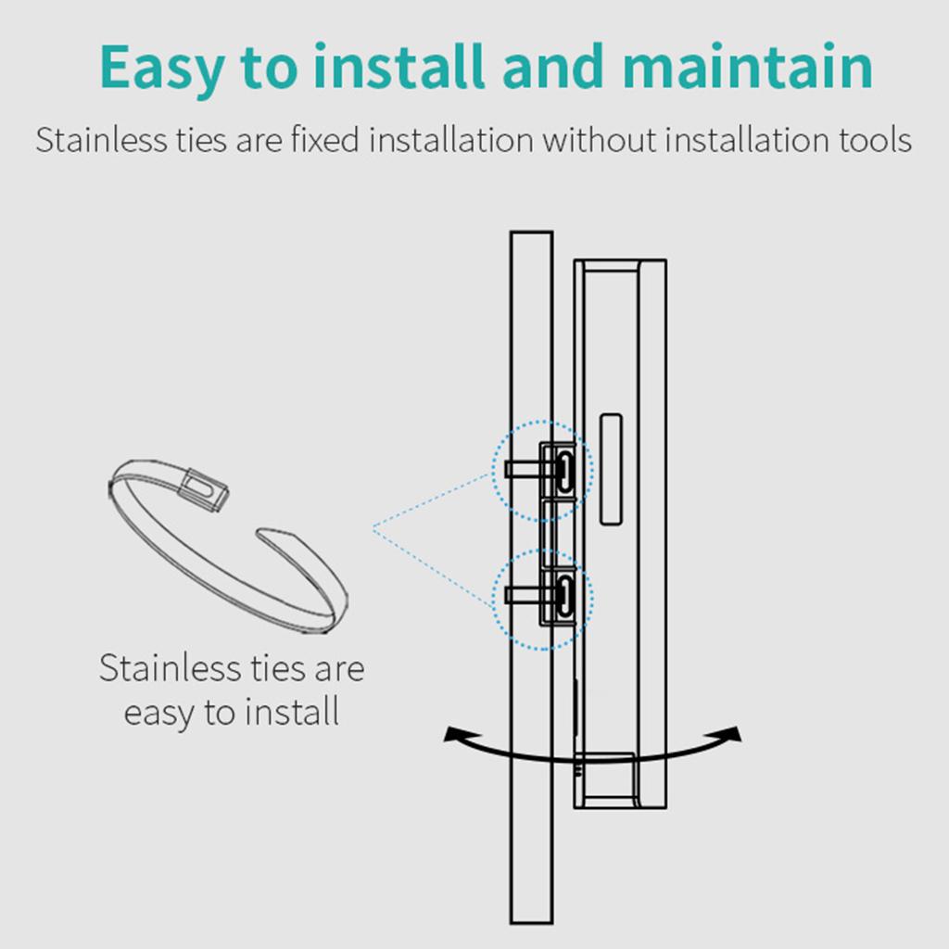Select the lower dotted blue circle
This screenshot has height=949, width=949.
[541, 601]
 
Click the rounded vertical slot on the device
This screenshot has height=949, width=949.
[610, 469]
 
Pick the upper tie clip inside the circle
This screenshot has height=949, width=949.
[563, 469]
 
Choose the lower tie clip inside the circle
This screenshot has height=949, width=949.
[563, 595]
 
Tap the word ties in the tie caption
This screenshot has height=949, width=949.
[278, 669]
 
